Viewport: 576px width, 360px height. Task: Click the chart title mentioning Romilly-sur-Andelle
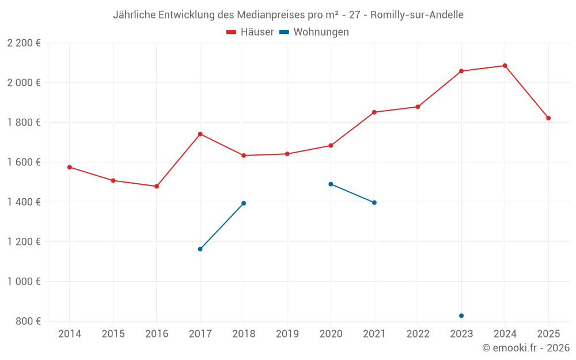point(288,14)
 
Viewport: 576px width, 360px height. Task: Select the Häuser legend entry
point(250,32)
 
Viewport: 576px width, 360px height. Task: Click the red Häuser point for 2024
point(505,66)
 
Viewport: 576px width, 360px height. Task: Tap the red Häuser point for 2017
point(200,134)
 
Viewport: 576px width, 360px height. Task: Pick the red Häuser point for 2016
point(157,187)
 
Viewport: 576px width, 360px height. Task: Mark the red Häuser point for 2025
point(548,118)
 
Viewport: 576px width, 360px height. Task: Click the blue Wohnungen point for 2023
point(461,316)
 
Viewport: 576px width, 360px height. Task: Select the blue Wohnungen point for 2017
point(200,249)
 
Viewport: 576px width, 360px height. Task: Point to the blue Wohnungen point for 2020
point(331,184)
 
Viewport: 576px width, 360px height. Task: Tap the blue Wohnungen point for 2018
point(244,203)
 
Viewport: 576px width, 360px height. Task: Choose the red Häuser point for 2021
point(374,112)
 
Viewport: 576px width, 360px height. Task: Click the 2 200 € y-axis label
point(24,43)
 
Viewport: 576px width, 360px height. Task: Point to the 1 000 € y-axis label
point(24,282)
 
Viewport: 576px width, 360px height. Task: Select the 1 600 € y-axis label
point(24,162)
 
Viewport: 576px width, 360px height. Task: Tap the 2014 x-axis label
point(70,334)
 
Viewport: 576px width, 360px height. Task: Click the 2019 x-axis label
point(287,334)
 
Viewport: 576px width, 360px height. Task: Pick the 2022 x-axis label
point(418,334)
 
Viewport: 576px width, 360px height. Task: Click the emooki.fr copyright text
point(526,348)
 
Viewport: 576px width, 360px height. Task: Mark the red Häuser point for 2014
point(70,167)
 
